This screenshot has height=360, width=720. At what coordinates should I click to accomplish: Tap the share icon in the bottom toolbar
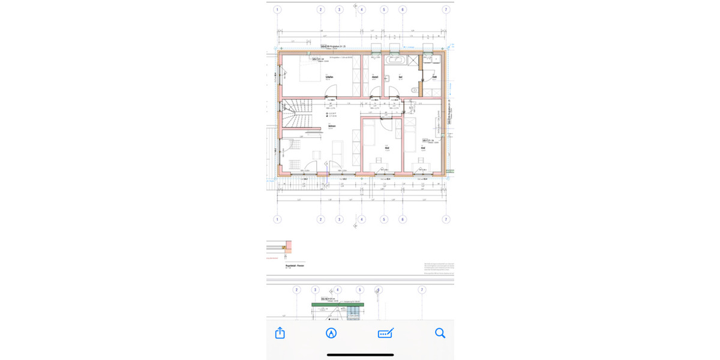pyautogui.click(x=280, y=333)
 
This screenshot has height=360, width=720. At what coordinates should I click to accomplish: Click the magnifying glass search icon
pyautogui.click(x=440, y=333)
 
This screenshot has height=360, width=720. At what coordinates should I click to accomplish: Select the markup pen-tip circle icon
pyautogui.click(x=331, y=333)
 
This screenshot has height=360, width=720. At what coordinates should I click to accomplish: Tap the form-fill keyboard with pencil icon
pyautogui.click(x=385, y=333)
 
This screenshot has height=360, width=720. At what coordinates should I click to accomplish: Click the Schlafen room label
pyautogui.click(x=329, y=77)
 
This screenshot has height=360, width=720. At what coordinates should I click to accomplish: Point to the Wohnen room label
pyautogui.click(x=332, y=127)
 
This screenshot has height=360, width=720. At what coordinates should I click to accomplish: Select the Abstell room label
pyautogui.click(x=375, y=77)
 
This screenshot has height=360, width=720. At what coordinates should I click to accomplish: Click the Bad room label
pyautogui.click(x=400, y=77)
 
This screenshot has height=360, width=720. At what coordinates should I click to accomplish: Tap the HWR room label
pyautogui.click(x=434, y=77)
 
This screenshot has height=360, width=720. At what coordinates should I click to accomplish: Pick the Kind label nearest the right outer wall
pyautogui.click(x=423, y=148)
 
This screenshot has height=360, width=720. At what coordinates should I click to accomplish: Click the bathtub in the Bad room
pyautogui.click(x=395, y=60)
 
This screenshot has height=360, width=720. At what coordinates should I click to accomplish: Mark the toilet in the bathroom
pyautogui.click(x=415, y=90)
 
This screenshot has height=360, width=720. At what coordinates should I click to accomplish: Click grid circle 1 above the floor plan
pyautogui.click(x=277, y=10)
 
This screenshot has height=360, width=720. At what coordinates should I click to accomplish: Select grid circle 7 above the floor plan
pyautogui.click(x=446, y=10)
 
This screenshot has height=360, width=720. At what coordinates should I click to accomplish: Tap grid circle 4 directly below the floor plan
pyautogui.click(x=361, y=220)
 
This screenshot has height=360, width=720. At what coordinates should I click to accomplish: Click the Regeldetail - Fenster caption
pyautogui.click(x=294, y=265)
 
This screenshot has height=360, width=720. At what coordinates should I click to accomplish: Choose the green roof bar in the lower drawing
pyautogui.click(x=338, y=305)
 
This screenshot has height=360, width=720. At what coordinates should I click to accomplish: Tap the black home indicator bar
pyautogui.click(x=360, y=355)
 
